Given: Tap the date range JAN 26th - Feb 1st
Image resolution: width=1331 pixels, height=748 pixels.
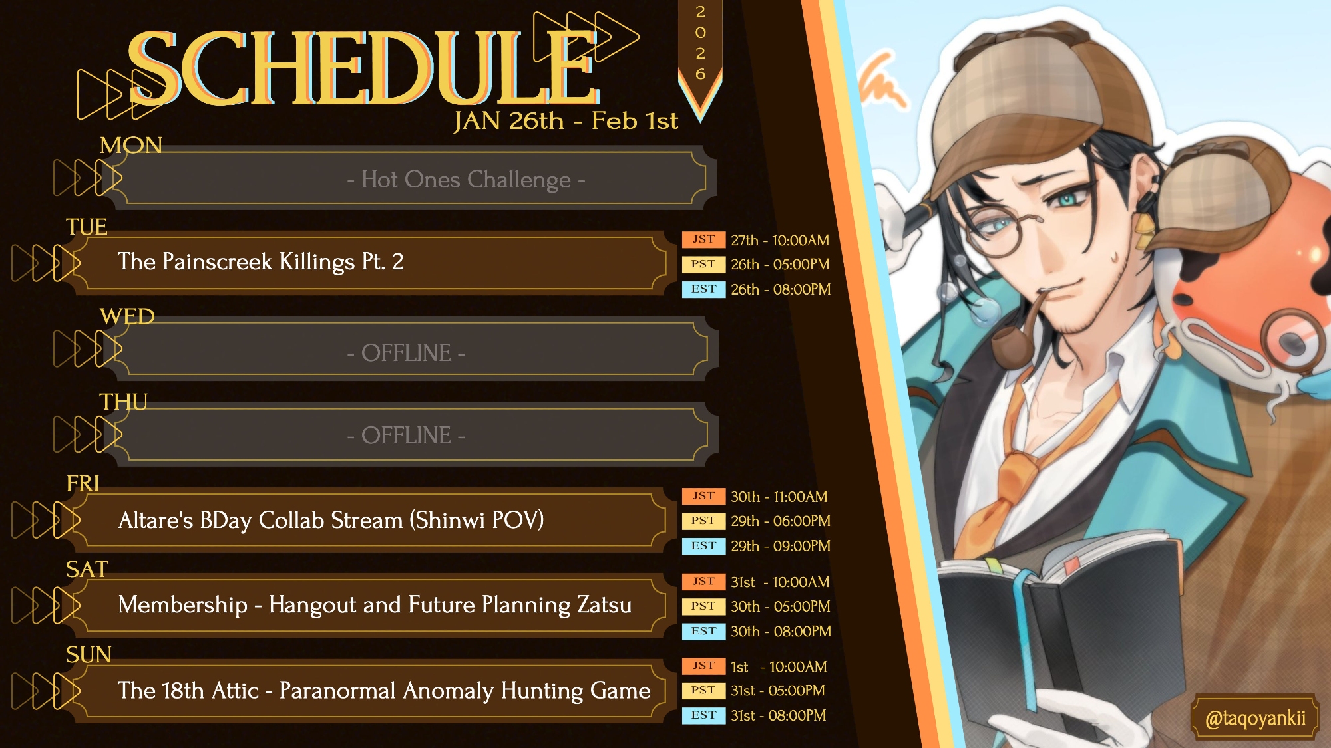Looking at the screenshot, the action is click(x=566, y=121).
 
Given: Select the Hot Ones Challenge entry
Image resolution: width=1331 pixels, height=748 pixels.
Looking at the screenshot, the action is click(x=466, y=180).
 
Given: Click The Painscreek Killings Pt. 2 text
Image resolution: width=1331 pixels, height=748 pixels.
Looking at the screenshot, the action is click(x=261, y=261).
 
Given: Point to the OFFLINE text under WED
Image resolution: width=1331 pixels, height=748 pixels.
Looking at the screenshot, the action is click(x=406, y=352).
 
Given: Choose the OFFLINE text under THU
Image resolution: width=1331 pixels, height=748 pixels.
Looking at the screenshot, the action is click(x=406, y=436).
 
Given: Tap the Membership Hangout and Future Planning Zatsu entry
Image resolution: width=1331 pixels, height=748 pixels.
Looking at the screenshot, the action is click(x=375, y=605).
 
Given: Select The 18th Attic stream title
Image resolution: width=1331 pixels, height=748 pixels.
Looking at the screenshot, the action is click(x=384, y=691).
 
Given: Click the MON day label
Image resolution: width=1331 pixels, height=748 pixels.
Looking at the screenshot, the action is click(x=131, y=145).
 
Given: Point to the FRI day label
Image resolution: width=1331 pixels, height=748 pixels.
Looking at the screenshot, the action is click(x=83, y=483).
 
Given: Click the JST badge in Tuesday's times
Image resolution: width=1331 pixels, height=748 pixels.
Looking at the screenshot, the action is click(x=703, y=239).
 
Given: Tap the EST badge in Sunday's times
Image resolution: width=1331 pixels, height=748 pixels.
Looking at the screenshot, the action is click(x=703, y=715).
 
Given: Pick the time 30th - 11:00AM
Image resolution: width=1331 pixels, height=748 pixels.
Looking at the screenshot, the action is click(x=779, y=497).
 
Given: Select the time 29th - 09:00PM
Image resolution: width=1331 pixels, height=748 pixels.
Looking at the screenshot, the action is click(x=781, y=546).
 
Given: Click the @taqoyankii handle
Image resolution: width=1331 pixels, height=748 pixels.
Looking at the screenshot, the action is click(x=1255, y=718).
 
